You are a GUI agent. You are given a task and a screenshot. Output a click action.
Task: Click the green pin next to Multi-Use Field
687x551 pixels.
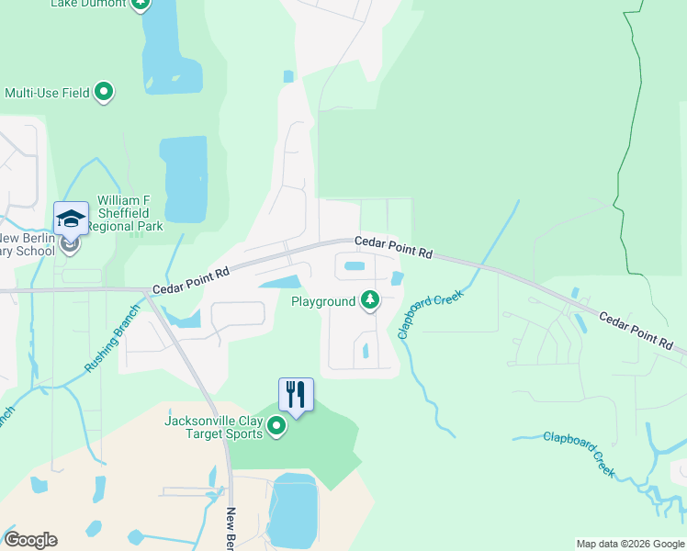click(104, 91)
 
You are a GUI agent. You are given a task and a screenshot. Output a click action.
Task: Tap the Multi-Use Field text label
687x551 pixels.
click(47, 93)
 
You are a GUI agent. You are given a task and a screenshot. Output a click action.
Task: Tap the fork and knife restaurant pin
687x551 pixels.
click(296, 395)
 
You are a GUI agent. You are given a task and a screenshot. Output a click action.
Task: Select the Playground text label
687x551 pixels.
click(323, 301)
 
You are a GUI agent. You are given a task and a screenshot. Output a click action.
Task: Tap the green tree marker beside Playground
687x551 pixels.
click(370, 300)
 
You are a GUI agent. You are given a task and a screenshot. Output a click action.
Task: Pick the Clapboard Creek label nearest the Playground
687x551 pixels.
click(430, 314)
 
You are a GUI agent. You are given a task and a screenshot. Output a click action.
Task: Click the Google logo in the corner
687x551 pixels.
click(30, 540)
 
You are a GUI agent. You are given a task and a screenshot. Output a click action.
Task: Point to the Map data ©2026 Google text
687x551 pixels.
click(630, 544)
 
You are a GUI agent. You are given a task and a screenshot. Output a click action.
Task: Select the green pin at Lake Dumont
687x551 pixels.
click(140, 4)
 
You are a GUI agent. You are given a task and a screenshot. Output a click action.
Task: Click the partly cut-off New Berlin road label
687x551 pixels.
click(231, 528)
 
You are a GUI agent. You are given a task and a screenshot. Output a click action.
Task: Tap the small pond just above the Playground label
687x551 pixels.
click(354, 268)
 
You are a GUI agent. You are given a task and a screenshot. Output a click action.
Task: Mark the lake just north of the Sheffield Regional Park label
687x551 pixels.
click(184, 179)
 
